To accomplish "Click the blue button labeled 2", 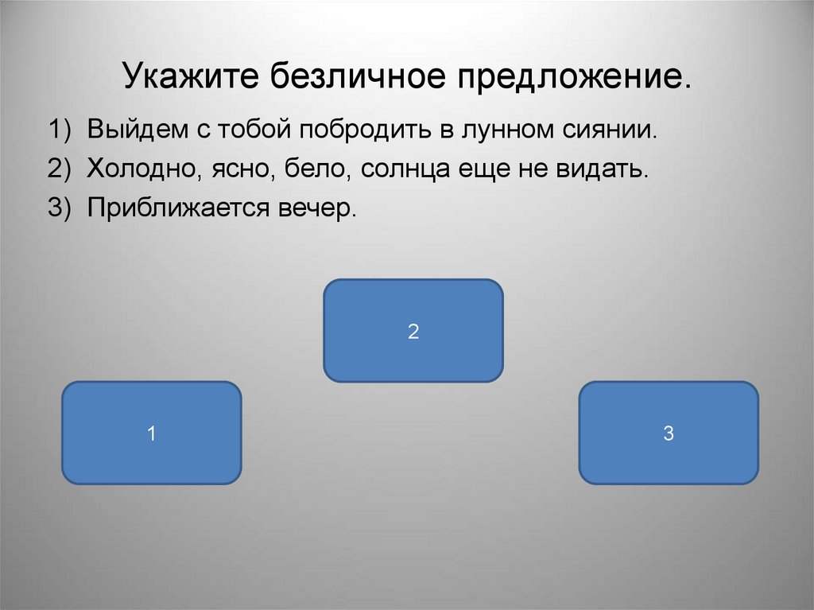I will coord(413,331).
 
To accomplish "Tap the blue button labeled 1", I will coord(151,433).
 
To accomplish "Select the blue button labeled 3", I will coord(669,433).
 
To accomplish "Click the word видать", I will coord(604,169).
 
